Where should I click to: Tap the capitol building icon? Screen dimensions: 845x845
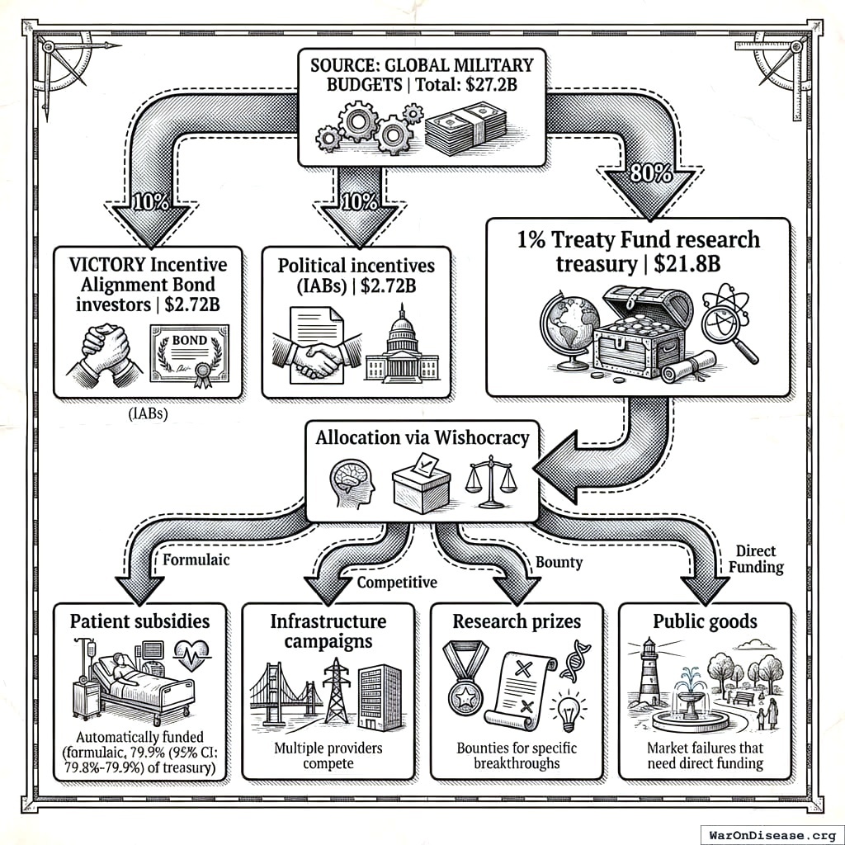pyautogui.click(x=403, y=346)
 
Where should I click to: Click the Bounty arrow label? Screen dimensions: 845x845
pyautogui.click(x=559, y=562)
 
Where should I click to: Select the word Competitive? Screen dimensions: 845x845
pyautogui.click(x=396, y=583)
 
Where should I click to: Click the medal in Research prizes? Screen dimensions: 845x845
pyautogui.click(x=465, y=678)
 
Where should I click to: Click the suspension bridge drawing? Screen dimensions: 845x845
pyautogui.click(x=286, y=692)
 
